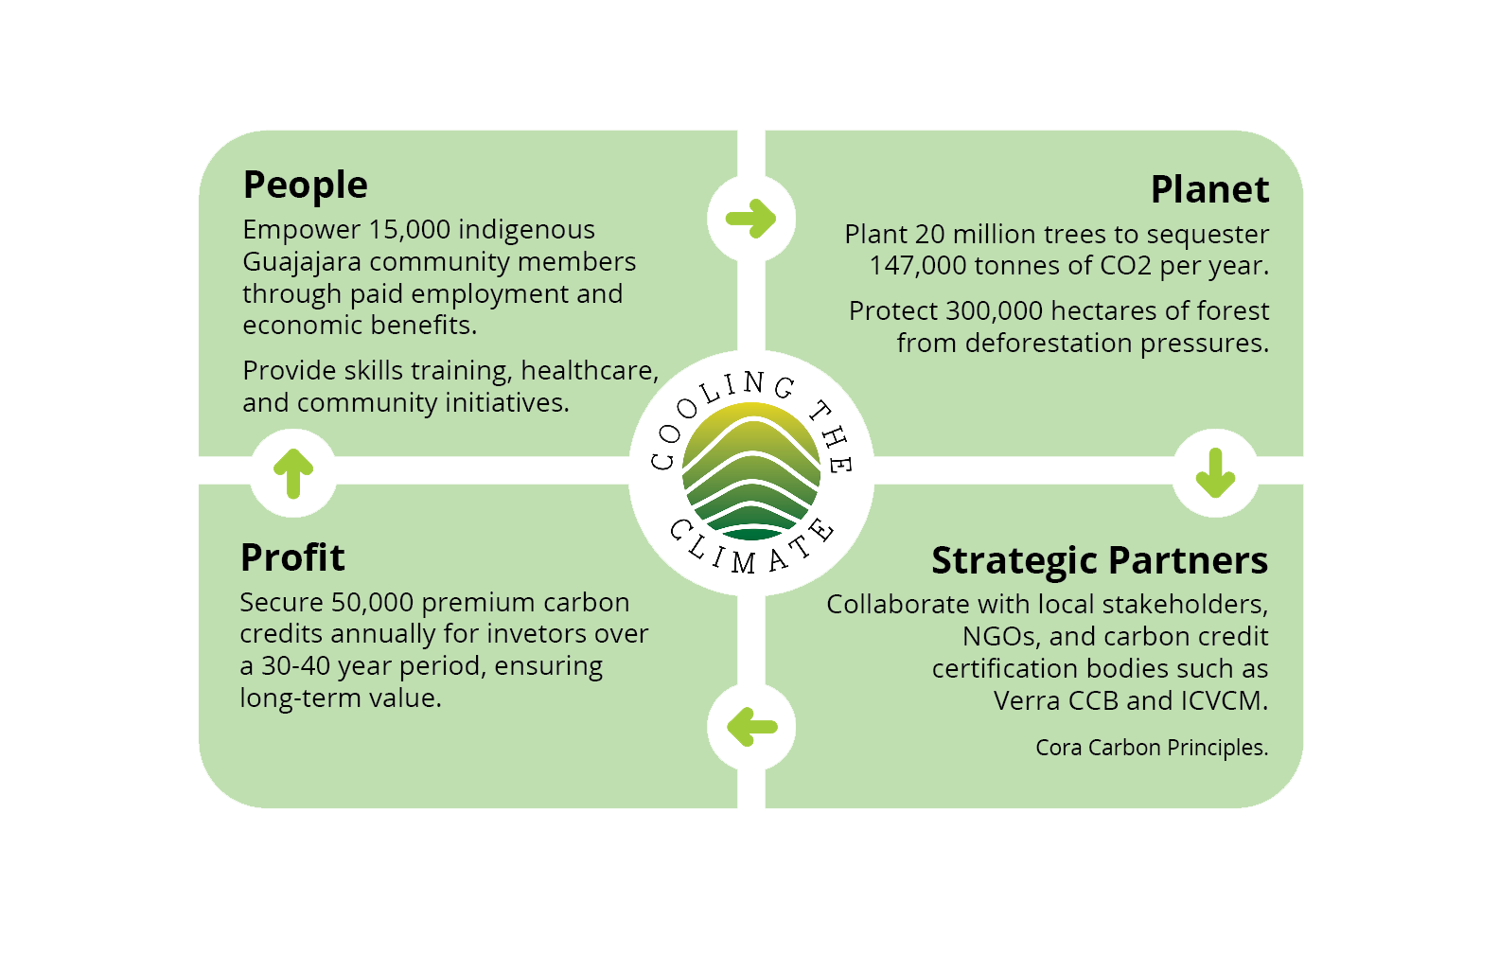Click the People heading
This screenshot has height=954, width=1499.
click(x=305, y=185)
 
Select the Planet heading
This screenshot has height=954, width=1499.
click(x=1209, y=190)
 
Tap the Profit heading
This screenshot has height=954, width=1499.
click(x=292, y=558)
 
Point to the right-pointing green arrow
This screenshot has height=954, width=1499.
click(x=751, y=219)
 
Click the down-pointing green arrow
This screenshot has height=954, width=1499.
click(x=1215, y=472)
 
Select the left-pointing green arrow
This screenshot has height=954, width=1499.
click(x=752, y=727)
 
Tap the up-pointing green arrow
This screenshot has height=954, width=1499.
click(x=293, y=472)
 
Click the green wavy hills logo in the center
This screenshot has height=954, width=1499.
click(x=751, y=471)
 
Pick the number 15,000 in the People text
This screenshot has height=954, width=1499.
click(x=409, y=230)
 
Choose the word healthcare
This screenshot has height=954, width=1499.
click(x=589, y=371)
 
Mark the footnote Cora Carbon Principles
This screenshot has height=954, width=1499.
click(x=1151, y=748)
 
